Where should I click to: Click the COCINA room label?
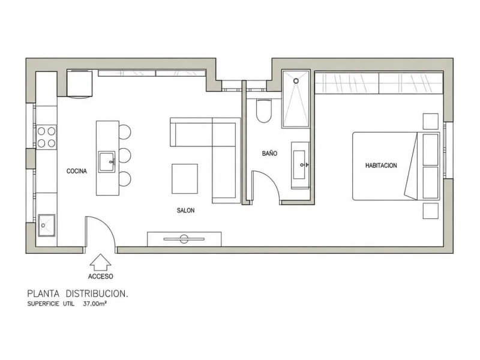77,171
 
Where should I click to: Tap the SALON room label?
185,211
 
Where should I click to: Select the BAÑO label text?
269,154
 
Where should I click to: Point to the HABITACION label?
381,166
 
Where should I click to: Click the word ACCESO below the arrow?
100,277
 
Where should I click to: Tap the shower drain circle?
296,81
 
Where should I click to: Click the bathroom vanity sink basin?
299,164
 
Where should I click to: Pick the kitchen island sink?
107,161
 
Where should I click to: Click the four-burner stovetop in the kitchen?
47,137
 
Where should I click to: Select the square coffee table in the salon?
185,179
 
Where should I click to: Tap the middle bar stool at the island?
125,155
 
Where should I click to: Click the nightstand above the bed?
430,121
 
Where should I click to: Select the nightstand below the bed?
430,211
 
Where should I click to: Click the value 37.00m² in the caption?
95,304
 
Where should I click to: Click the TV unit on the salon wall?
184,239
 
